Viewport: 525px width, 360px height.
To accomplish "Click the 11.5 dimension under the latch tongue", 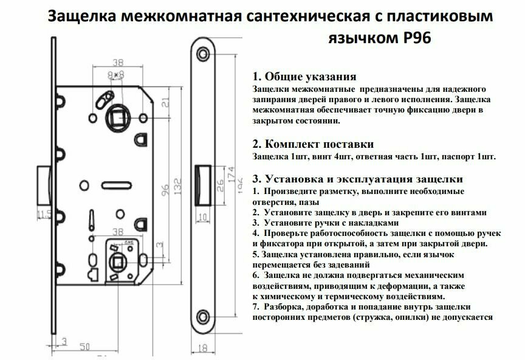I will pyautogui.click(x=43, y=213).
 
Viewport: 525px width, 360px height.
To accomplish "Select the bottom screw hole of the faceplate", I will pyautogui.click(x=202, y=314).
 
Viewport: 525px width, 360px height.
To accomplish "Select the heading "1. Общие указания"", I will pyautogui.click(x=304, y=77).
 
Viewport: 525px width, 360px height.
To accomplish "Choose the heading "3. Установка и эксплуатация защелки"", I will pyautogui.click(x=357, y=179).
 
